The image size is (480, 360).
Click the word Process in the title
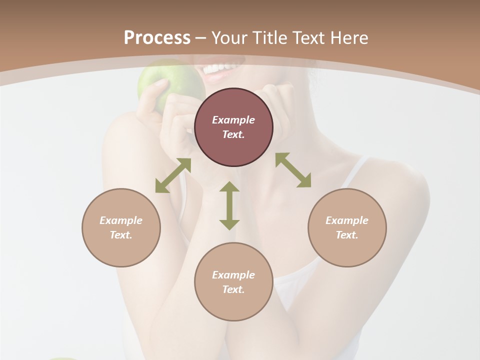pyautogui.click(x=157, y=38)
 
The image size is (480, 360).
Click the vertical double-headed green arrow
pyautogui.click(x=229, y=205)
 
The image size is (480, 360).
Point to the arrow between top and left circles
pyautogui.click(x=173, y=175)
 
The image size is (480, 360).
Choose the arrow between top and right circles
pyautogui.click(x=293, y=170)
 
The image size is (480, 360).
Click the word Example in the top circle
pyautogui.click(x=233, y=120)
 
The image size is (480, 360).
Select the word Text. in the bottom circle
pyautogui.click(x=233, y=289)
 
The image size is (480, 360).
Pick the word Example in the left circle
pyautogui.click(x=121, y=220)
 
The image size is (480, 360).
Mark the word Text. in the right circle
pyautogui.click(x=347, y=235)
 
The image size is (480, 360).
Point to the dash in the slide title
pyautogui.click(x=201, y=38)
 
